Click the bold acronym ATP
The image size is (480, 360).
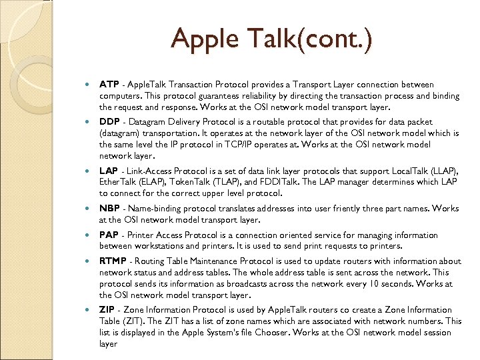[x=109, y=85]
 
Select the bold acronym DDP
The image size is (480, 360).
[x=109, y=122]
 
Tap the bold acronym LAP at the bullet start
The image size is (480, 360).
[x=109, y=171]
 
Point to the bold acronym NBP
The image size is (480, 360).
[x=110, y=208]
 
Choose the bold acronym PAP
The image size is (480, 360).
[x=109, y=235]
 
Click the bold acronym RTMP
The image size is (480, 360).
[x=113, y=261]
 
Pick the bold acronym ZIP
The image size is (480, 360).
[x=107, y=309]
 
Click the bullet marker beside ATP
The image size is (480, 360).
[x=89, y=85]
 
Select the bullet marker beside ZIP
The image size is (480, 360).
[x=89, y=309]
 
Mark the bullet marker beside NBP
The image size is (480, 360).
[x=89, y=208]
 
